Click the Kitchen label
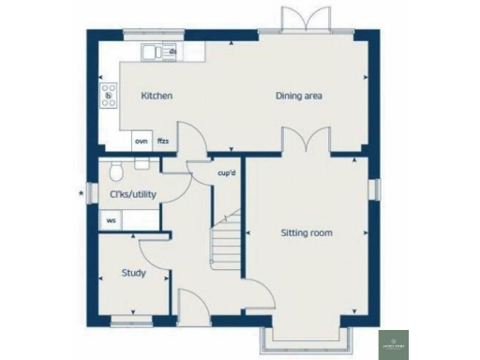[x=157, y=97]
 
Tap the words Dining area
[x=299, y=97]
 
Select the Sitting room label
[x=307, y=232]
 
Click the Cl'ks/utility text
[x=132, y=195]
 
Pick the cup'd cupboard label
[x=225, y=173]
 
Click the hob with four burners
[x=108, y=93]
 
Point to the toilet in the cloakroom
[x=113, y=171]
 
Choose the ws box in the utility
[x=111, y=221]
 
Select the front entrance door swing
[x=191, y=305]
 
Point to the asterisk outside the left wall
[x=82, y=194]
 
